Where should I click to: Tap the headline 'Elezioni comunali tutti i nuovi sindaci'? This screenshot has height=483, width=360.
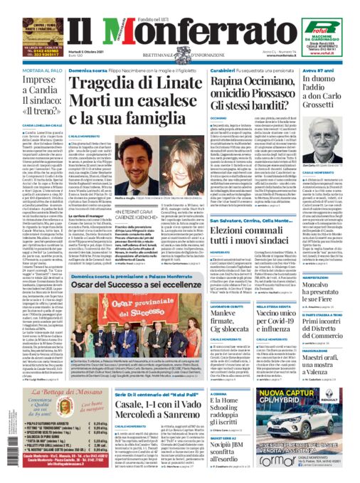(x=235, y=240)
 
